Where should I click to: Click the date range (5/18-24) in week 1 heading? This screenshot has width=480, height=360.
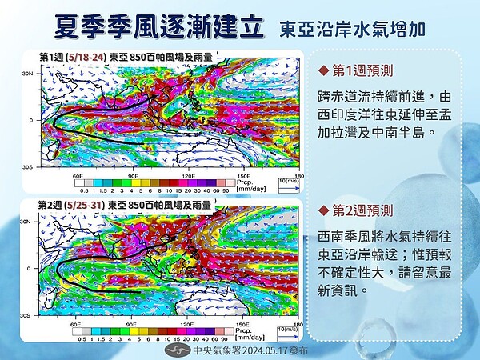point(90,56)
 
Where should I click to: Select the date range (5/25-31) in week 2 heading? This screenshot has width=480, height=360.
point(90,205)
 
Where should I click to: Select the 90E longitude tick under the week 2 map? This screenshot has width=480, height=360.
point(133,325)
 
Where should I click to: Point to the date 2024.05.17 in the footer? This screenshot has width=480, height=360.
point(258,350)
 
